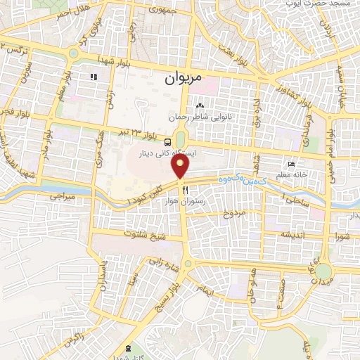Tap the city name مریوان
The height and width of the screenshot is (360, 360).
point(183,79)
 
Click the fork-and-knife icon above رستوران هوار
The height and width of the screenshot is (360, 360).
point(186,190)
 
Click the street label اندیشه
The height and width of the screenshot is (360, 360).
point(292,233)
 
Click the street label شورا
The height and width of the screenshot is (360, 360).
point(343,236)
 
